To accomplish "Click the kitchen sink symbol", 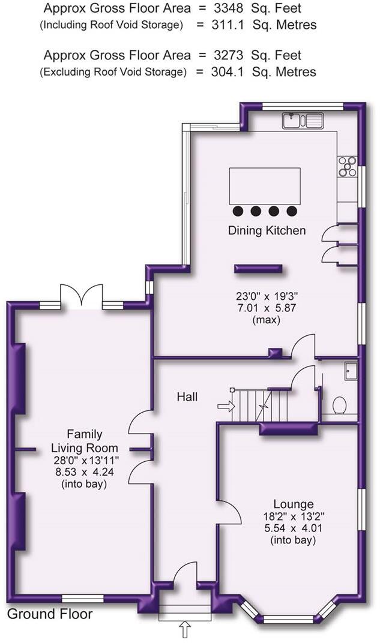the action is pyautogui.click(x=303, y=121).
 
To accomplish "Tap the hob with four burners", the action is pyautogui.click(x=347, y=167).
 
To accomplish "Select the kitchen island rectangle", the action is pyautogui.click(x=265, y=186).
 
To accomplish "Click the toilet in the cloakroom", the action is pyautogui.click(x=339, y=405).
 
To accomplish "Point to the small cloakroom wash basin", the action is pyautogui.click(x=351, y=370).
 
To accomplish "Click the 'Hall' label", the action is pyautogui.click(x=187, y=396).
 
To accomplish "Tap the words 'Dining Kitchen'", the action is pyautogui.click(x=267, y=230).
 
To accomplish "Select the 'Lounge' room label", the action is pyautogui.click(x=294, y=504).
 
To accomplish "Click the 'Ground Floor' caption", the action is pyautogui.click(x=50, y=614).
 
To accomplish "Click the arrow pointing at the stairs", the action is pyautogui.click(x=226, y=407).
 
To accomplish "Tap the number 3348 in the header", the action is pyautogui.click(x=228, y=8).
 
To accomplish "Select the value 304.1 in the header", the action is pyautogui.click(x=228, y=72).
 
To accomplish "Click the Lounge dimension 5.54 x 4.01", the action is pyautogui.click(x=294, y=528).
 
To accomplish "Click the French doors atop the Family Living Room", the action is pyautogui.click(x=81, y=296).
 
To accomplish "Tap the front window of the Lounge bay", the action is pyautogui.click(x=288, y=618).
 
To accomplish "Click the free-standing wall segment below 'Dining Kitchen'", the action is pyautogui.click(x=258, y=269).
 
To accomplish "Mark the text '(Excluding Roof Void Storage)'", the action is pyautogui.click(x=113, y=72).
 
